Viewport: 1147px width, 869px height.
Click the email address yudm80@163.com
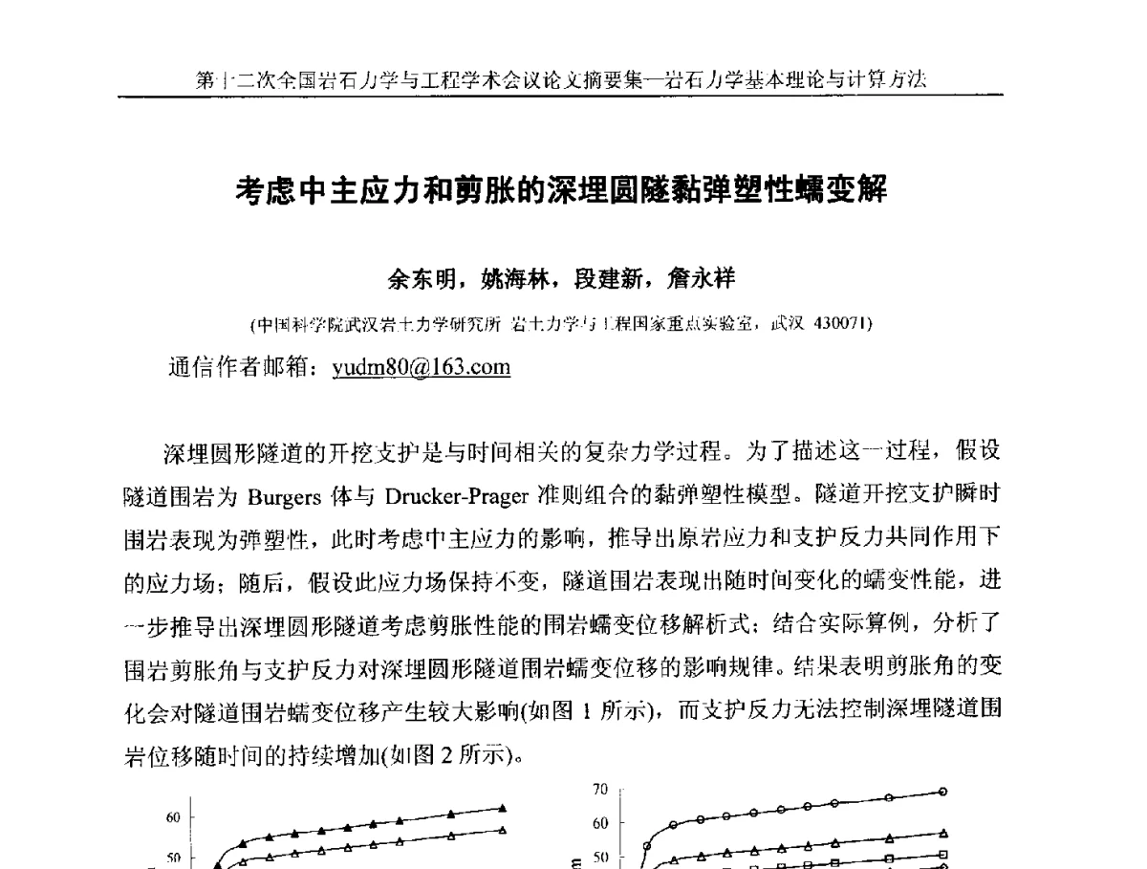click(421, 368)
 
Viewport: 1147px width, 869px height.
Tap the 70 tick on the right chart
click(600, 790)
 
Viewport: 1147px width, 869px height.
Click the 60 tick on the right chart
click(600, 823)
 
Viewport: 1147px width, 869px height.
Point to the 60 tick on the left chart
click(173, 817)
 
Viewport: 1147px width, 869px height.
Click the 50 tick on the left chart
click(173, 858)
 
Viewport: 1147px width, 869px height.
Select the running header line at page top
click(561, 80)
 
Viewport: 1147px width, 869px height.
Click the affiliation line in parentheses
click(561, 324)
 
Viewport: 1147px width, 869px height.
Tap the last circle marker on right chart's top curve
click(943, 792)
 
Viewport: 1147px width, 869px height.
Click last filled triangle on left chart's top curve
click(503, 808)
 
